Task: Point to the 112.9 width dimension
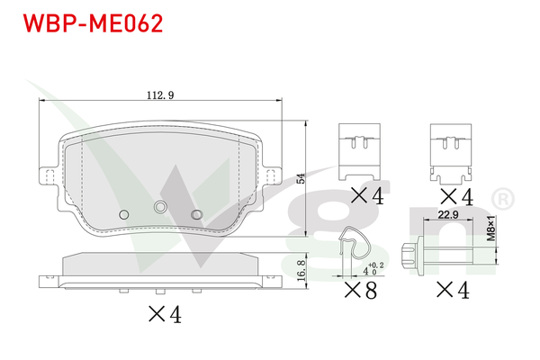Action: coord(160,92)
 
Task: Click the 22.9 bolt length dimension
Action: coord(450,214)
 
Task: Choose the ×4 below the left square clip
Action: coord(365,195)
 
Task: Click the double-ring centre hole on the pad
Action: coord(161,207)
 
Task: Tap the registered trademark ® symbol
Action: coord(506,197)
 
